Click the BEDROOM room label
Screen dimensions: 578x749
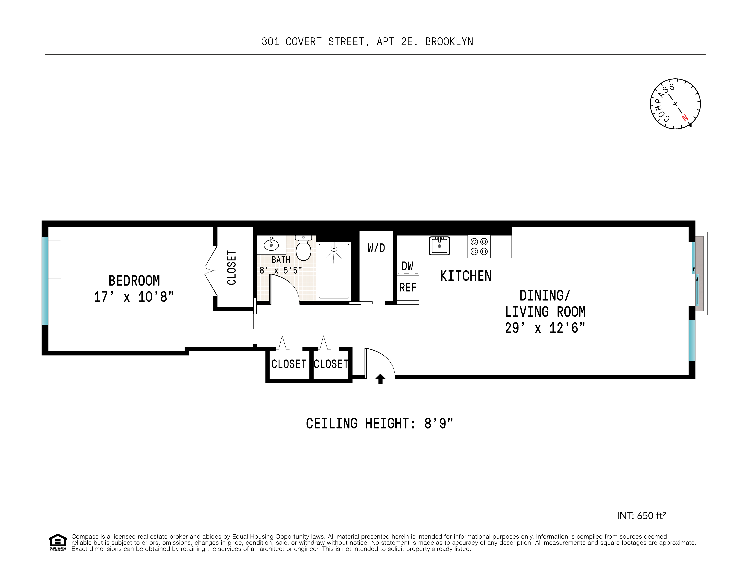click(134, 281)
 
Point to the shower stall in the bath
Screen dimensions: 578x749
click(334, 271)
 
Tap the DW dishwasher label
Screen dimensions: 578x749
click(407, 266)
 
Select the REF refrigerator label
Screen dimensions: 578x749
click(408, 287)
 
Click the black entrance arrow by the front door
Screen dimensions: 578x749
click(380, 379)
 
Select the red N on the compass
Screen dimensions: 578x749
click(685, 118)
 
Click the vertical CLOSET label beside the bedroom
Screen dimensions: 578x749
click(232, 268)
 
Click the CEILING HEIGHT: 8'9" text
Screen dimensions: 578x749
click(379, 424)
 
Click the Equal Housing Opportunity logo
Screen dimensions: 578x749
click(58, 542)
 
